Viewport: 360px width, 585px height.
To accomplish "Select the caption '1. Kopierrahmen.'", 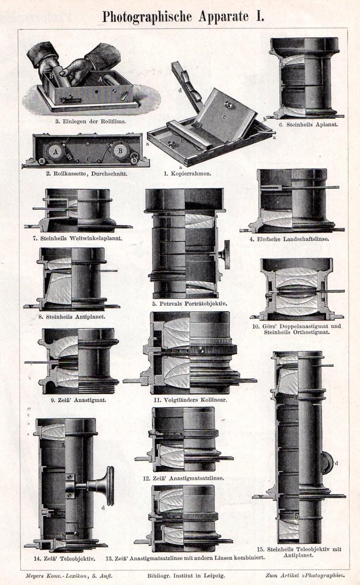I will (x=187, y=173).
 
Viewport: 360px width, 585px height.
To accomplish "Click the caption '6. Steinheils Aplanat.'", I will (x=305, y=124).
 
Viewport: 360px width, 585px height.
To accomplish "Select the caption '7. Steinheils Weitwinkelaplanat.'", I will (x=77, y=239).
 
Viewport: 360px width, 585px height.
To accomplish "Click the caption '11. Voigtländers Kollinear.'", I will (x=190, y=400).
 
